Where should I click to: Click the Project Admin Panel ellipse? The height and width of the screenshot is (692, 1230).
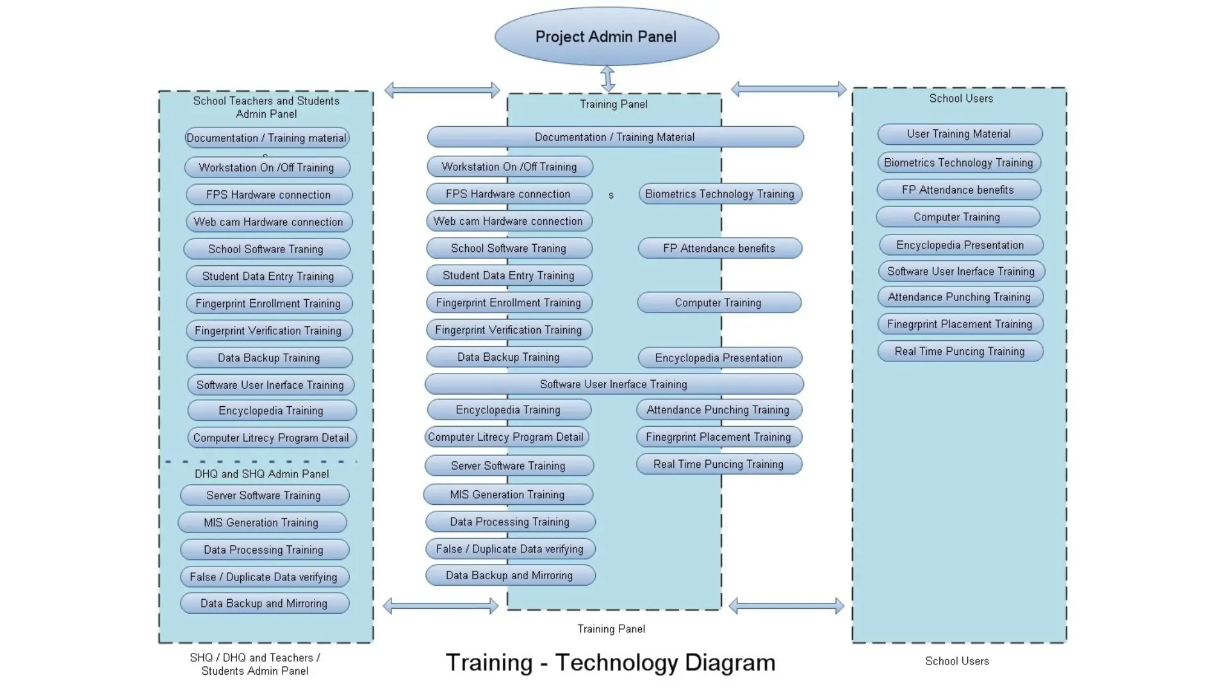(x=606, y=37)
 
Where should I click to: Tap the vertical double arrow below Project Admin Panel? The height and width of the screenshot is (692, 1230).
(x=608, y=79)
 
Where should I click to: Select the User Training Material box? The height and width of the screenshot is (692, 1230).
(x=959, y=134)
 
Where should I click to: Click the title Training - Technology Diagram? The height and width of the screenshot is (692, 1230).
(x=610, y=663)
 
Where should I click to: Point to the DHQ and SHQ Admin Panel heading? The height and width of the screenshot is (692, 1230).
(x=261, y=474)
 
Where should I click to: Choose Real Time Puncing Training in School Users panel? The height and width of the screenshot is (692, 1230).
(x=960, y=351)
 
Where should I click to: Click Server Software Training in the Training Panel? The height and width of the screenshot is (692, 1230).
(x=508, y=466)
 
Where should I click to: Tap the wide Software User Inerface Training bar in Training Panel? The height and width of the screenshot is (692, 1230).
(x=613, y=384)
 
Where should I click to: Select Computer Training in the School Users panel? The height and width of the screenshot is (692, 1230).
(x=957, y=217)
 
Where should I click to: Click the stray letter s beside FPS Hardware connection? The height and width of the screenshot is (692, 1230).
(x=611, y=195)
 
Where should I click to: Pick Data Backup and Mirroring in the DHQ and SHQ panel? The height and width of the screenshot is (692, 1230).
(x=264, y=604)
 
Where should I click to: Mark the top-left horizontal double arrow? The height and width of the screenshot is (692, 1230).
(x=442, y=90)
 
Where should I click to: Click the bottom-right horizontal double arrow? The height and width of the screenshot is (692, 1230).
(x=786, y=605)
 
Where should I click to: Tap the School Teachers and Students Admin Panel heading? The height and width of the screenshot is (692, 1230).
(x=266, y=107)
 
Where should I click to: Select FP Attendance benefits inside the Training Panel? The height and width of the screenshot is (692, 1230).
(x=719, y=249)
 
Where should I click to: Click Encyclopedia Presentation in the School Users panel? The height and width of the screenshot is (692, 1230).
(x=960, y=245)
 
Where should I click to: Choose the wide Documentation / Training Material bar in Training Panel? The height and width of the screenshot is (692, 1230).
(x=614, y=137)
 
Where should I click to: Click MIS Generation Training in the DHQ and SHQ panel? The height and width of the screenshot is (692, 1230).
(x=261, y=523)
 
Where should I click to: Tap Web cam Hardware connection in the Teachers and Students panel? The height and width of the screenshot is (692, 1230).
(x=268, y=222)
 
